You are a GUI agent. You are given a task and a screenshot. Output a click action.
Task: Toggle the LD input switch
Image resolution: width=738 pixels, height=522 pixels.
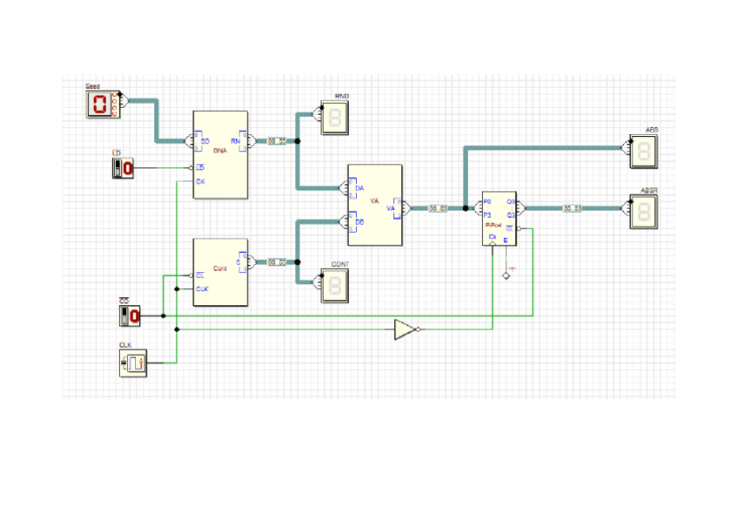[124, 167]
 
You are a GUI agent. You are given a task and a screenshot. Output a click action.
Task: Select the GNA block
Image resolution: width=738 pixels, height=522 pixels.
[220, 155]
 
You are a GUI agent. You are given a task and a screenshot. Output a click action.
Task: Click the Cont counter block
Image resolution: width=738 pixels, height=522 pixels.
[220, 272]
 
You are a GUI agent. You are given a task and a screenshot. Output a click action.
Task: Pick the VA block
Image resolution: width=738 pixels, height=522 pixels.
[375, 206]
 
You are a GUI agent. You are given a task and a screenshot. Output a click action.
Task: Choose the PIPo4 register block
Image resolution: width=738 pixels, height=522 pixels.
[500, 219]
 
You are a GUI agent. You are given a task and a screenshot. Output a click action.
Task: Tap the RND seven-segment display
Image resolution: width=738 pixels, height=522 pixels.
[336, 118]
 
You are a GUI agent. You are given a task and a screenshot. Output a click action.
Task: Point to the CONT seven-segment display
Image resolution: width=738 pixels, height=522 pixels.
[336, 286]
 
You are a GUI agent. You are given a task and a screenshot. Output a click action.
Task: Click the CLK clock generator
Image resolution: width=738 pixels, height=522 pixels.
[133, 363]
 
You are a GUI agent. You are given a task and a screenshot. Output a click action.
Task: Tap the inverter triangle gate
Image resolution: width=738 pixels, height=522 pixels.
[404, 329]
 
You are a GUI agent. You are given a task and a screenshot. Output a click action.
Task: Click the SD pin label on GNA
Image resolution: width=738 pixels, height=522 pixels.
[205, 141]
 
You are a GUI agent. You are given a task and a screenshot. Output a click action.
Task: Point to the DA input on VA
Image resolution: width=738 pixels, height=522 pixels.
[359, 188]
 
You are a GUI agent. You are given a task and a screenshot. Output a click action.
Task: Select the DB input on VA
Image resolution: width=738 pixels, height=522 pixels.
[359, 222]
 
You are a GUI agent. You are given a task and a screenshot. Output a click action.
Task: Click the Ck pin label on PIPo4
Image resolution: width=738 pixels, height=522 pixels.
[493, 236]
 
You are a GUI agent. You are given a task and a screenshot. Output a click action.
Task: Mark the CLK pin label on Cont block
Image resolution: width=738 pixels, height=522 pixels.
[202, 288]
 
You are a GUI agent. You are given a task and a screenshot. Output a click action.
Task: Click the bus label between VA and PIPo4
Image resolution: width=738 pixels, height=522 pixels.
[437, 208]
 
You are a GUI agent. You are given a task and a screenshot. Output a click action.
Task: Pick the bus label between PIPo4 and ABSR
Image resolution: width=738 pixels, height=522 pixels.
[572, 208]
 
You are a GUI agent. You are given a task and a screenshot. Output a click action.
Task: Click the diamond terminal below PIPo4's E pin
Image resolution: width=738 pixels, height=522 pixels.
[505, 276]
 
